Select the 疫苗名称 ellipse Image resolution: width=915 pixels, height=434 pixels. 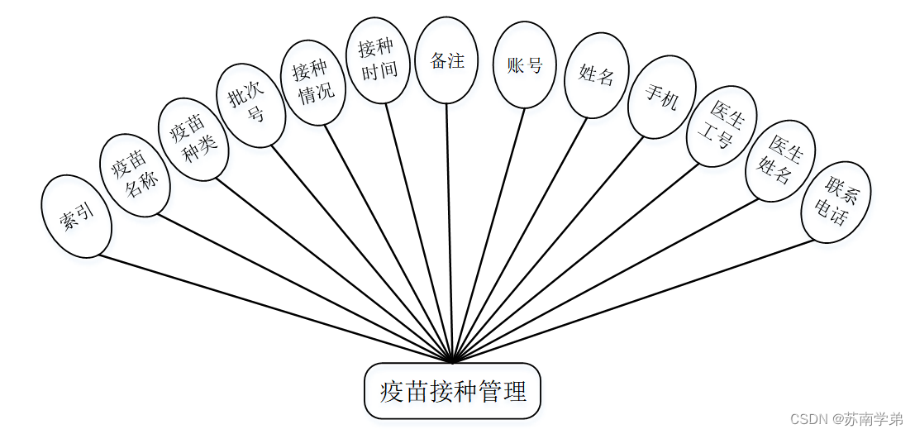135,174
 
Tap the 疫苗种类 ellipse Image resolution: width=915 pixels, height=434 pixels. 193,139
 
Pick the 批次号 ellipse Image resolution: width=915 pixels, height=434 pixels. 250,106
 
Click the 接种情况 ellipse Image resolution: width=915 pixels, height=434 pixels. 313,83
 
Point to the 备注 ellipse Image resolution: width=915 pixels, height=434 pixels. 446,60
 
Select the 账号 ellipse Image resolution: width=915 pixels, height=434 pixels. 525,65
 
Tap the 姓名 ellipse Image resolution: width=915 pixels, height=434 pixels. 597,75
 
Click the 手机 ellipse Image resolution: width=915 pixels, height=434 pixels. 661,98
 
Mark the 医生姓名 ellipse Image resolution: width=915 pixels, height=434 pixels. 780,161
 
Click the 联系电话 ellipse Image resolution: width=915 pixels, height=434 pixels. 836,202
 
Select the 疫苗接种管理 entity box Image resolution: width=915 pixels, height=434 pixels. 452,390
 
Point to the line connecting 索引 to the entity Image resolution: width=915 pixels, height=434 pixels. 273,308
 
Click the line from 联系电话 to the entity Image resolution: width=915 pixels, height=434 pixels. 632,301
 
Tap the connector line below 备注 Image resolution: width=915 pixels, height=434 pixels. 449,231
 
